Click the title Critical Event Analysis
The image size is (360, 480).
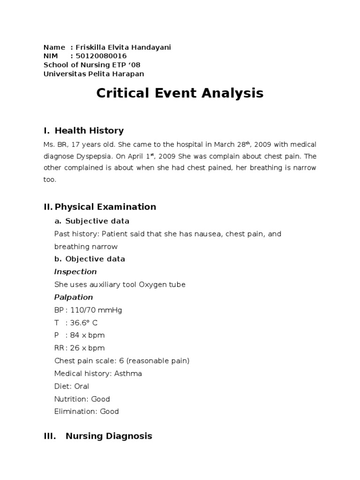tap(180, 93)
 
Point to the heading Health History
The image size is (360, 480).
tap(89, 131)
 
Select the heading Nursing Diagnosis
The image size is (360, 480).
tap(109, 436)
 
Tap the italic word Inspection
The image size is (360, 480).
tap(75, 272)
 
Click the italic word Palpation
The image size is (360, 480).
tap(74, 297)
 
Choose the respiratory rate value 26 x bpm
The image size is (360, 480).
tap(87, 348)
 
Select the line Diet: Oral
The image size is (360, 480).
tap(72, 386)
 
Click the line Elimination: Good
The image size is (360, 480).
tap(87, 412)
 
